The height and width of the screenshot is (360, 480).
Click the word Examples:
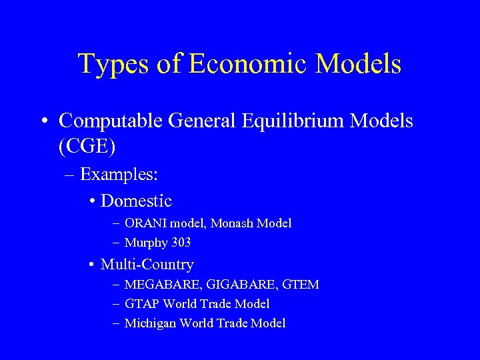tap(119, 175)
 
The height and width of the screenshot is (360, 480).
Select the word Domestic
tap(136, 201)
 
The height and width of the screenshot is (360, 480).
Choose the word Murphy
tap(144, 243)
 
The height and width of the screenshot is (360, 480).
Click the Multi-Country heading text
tap(147, 265)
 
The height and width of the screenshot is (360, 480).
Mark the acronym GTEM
tap(301, 285)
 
